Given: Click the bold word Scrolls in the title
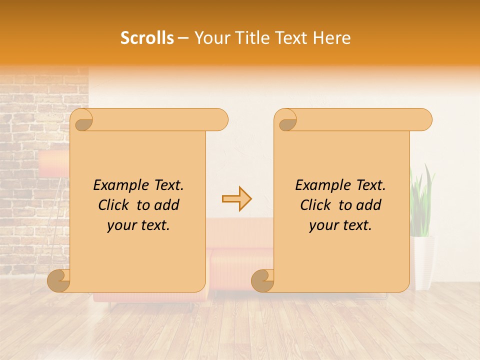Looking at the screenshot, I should [147, 38].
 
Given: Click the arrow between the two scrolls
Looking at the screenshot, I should [236, 198].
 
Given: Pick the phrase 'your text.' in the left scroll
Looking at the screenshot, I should [138, 225].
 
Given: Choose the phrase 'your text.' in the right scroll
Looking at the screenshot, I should [340, 225].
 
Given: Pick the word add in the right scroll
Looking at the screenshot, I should [370, 205].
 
